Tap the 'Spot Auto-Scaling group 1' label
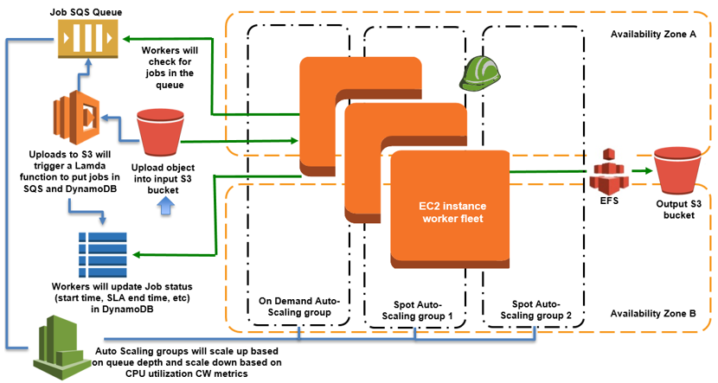point(417,312)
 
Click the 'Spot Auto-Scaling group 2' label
point(533,312)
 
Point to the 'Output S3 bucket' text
point(676,210)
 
